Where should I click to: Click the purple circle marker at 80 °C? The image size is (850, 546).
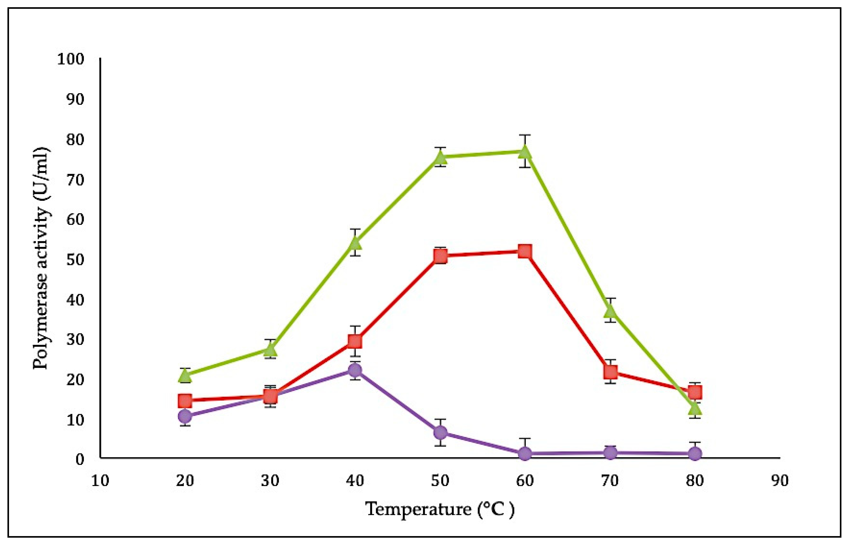tap(695, 454)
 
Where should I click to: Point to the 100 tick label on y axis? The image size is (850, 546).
tap(71, 59)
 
